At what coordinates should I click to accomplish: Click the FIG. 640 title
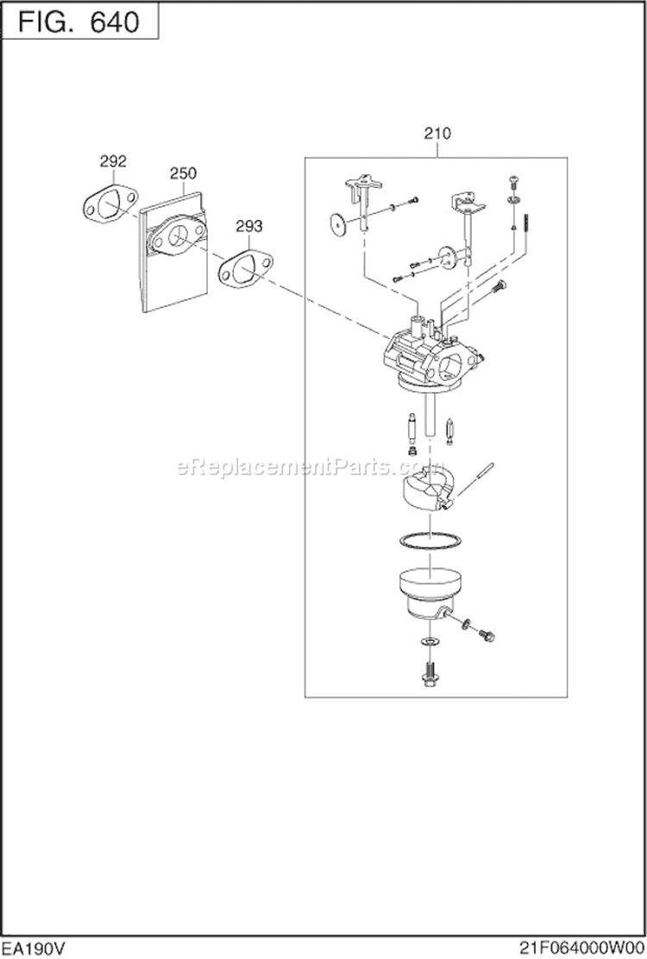click(x=80, y=22)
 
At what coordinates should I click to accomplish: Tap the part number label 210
click(x=437, y=133)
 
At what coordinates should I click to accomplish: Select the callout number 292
click(x=113, y=160)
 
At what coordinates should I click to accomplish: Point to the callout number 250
click(x=183, y=173)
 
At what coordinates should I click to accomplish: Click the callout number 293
click(x=249, y=226)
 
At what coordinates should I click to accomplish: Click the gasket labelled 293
click(x=242, y=271)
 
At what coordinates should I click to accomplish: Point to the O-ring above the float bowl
click(x=428, y=541)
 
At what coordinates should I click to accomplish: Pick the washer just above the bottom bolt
click(x=429, y=643)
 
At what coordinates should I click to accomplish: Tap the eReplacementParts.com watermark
click(x=298, y=467)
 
